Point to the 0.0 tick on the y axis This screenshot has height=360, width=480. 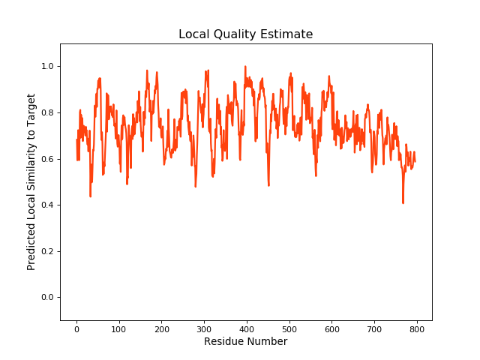pos(47,298)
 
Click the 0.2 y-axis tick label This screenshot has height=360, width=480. pos(47,251)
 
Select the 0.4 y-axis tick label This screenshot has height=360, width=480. pos(47,205)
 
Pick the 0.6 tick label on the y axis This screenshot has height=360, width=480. pos(47,159)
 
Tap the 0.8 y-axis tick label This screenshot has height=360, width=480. pos(47,112)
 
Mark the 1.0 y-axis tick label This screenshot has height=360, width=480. pos(47,67)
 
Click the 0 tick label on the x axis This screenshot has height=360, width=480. pos(76,328)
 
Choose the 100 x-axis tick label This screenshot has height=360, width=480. pos(119,328)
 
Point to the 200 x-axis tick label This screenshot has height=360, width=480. pos(162,328)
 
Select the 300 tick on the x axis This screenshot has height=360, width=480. pos(204,328)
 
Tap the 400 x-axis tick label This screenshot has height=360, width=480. pos(247,328)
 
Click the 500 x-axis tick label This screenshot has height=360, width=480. pos(289,328)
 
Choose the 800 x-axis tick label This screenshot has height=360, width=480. pos(417,328)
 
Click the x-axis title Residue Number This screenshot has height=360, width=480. pos(246,342)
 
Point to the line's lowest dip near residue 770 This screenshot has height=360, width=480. pos(403,202)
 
